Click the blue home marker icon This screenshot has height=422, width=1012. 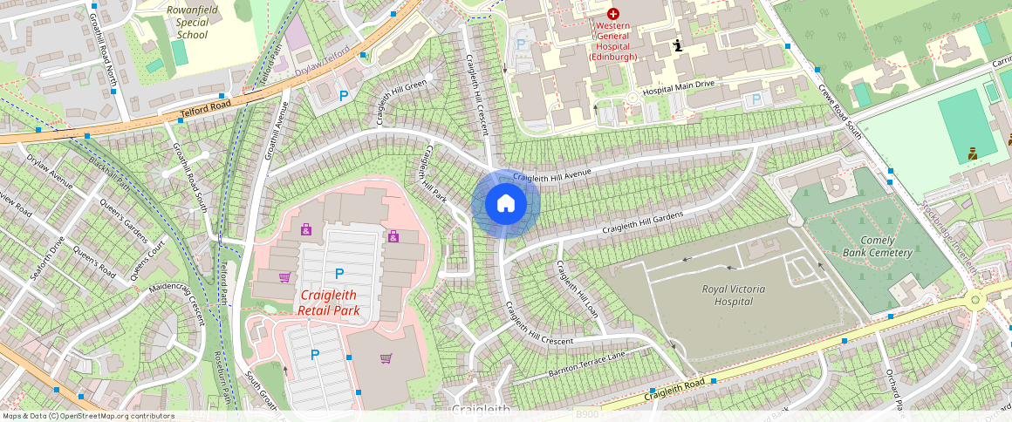point(505,204)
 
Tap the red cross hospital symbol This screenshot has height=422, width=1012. point(613,14)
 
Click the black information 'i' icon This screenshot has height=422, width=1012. point(677,45)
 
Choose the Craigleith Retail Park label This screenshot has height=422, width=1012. point(328,303)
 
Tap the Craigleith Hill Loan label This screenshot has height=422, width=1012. point(577,289)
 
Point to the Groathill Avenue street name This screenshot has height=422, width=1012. point(276,131)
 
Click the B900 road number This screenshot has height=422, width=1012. point(587,414)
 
